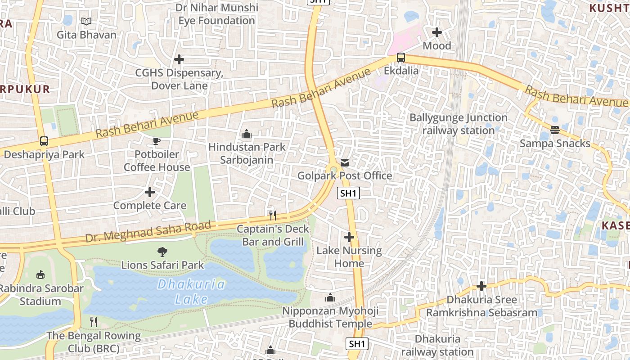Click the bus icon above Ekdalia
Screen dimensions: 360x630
click(x=400, y=58)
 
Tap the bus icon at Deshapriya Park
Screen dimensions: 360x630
click(x=44, y=141)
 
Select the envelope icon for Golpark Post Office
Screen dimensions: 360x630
click(x=345, y=163)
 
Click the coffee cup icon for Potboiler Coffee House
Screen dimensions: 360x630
click(x=157, y=141)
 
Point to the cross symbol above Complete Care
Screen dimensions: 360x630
click(x=150, y=193)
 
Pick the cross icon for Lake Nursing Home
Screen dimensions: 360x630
click(x=349, y=237)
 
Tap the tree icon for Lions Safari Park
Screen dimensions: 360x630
click(x=162, y=252)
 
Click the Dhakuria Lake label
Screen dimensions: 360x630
click(x=191, y=292)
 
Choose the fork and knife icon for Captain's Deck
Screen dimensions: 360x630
click(x=272, y=216)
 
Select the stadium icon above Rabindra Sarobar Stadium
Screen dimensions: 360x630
click(x=40, y=274)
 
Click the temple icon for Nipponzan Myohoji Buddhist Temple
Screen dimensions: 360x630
click(x=330, y=297)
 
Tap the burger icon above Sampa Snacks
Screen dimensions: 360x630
click(x=555, y=130)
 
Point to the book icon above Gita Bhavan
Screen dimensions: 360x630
click(x=86, y=21)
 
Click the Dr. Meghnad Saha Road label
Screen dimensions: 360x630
click(x=148, y=231)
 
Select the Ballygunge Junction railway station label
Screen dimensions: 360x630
click(x=458, y=124)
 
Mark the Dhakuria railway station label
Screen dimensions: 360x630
click(x=437, y=345)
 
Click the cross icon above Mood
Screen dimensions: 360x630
click(x=436, y=32)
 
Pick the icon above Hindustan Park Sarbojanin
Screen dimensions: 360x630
click(x=247, y=134)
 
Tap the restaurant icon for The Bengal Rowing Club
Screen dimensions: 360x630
click(x=94, y=322)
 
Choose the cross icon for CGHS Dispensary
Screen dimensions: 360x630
click(x=179, y=59)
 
